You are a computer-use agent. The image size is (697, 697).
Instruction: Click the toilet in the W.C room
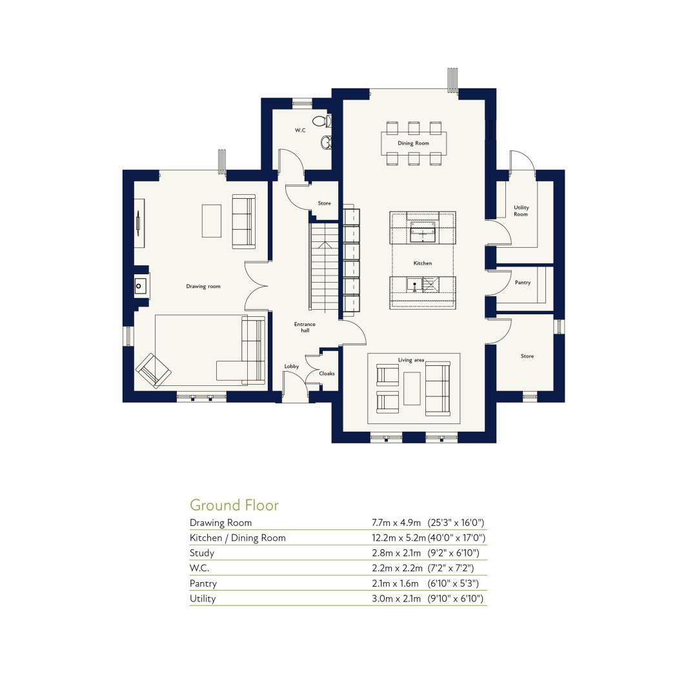click(322, 121)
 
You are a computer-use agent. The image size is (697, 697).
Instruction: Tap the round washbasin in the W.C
click(326, 142)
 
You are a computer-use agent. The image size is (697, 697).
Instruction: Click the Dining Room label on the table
click(414, 143)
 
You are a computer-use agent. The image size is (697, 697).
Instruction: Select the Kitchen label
click(422, 263)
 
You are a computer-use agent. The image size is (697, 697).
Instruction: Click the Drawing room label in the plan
click(203, 287)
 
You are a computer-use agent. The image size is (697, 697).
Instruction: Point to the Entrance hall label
click(305, 327)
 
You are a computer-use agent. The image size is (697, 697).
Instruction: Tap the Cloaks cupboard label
click(327, 374)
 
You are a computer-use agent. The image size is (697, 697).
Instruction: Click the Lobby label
click(292, 367)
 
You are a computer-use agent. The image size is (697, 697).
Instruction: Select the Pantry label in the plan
click(523, 282)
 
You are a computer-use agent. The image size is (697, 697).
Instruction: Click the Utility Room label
click(521, 210)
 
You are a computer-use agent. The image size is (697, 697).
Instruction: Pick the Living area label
click(411, 360)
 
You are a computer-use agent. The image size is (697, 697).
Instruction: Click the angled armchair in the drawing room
click(154, 370)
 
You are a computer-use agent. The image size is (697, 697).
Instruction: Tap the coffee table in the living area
click(412, 389)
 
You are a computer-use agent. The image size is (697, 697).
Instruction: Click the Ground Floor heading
click(234, 505)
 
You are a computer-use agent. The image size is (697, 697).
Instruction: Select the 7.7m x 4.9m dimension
click(396, 523)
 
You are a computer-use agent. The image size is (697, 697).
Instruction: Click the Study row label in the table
click(202, 553)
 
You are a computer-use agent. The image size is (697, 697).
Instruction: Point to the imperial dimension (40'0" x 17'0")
click(456, 538)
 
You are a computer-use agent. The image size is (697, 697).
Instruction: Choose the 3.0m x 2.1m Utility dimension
click(396, 598)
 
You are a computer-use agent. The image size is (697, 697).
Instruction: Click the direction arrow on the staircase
click(325, 245)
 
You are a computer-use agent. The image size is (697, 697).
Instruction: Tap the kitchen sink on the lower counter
click(414, 285)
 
